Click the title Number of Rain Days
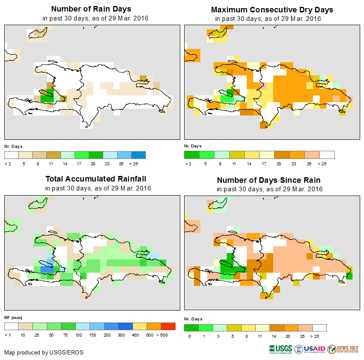91,9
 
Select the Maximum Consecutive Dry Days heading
272,9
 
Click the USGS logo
280,348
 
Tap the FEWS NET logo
343,348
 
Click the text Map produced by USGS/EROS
43,352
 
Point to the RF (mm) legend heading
13,318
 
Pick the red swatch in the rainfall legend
168,327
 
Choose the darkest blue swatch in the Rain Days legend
139,155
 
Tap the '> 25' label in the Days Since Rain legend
320,336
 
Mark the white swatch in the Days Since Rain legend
320,328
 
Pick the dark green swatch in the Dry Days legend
191,155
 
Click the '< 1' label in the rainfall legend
8,335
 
